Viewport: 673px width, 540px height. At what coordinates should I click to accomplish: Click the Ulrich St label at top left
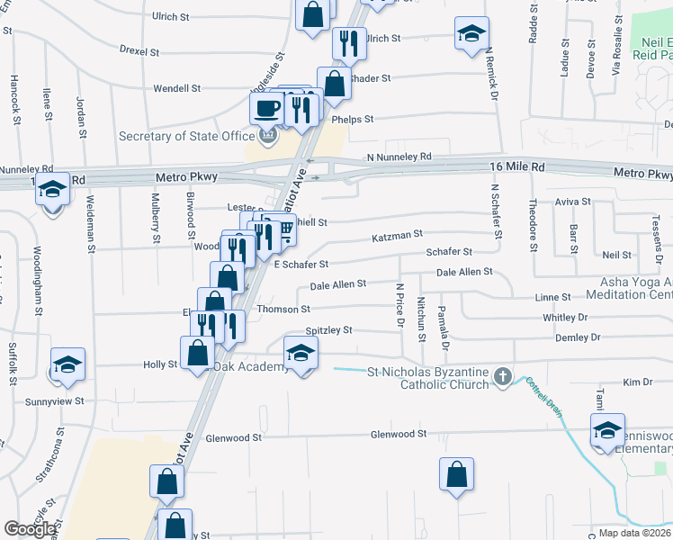click(171, 16)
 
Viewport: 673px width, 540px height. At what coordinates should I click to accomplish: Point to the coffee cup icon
click(265, 109)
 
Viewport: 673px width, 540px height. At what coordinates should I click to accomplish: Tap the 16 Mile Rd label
click(518, 167)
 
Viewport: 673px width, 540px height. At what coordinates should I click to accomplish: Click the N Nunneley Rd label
click(399, 157)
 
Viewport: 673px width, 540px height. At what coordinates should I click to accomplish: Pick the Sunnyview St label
click(55, 400)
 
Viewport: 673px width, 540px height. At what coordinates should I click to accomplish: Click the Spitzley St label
click(328, 331)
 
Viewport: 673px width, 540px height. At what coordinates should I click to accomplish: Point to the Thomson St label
click(283, 309)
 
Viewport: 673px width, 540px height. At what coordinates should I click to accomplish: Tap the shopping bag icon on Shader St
click(334, 84)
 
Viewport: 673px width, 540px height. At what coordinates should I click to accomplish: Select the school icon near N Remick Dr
click(471, 33)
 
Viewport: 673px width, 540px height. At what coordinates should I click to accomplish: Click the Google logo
click(31, 528)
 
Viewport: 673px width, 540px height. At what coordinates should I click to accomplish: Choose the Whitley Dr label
click(565, 318)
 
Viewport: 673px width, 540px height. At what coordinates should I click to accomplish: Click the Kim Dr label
click(636, 382)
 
